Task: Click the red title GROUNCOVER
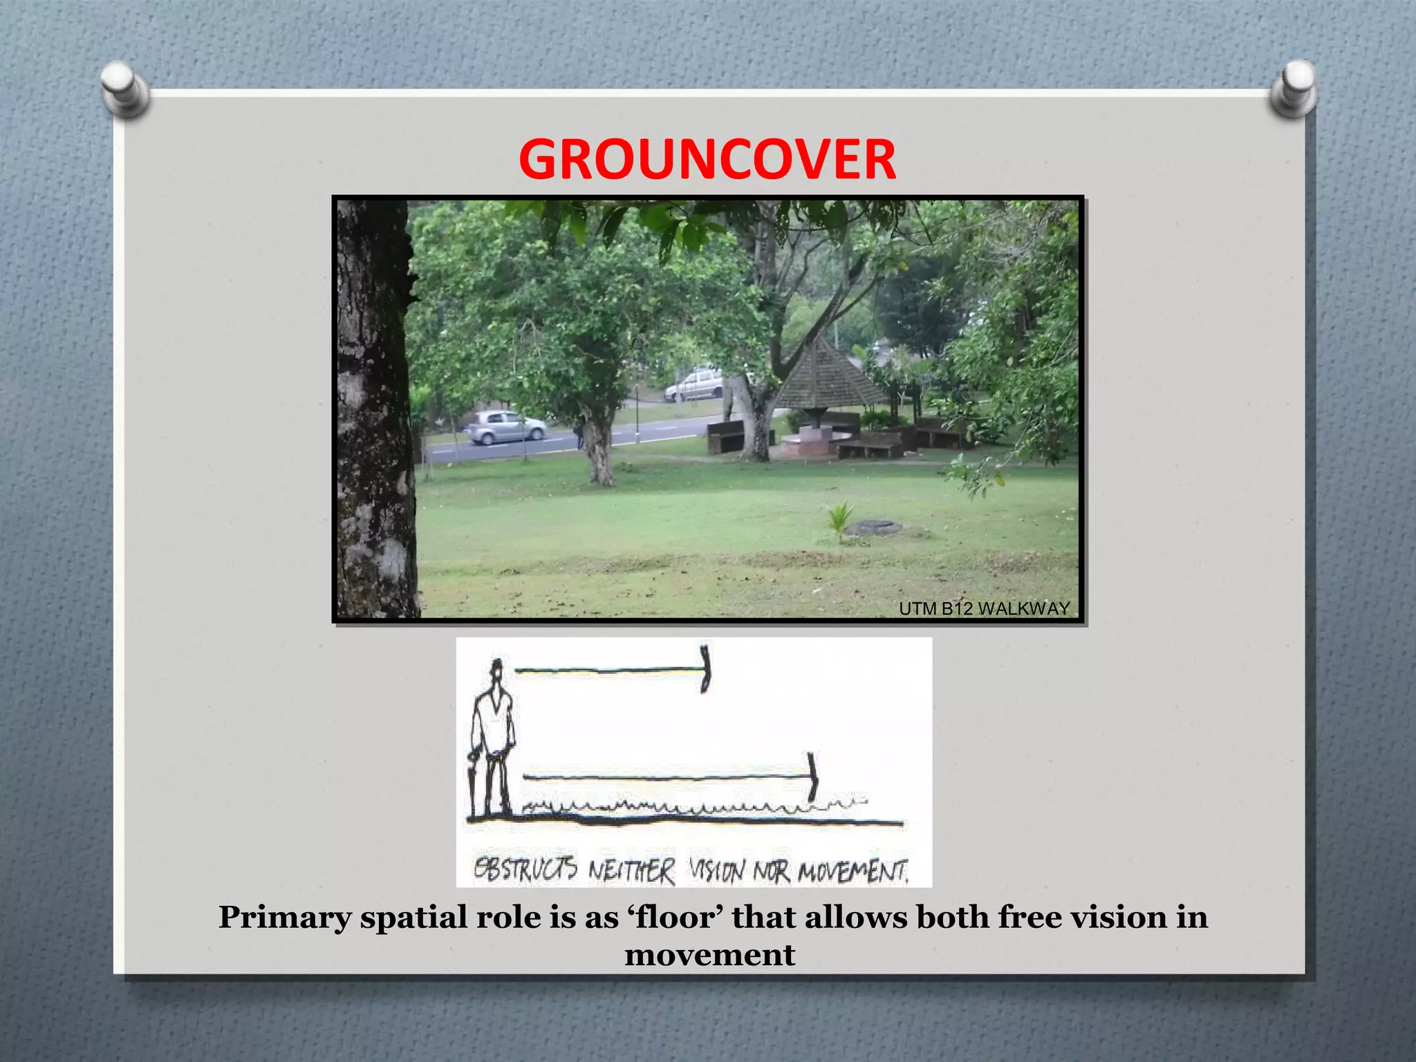(707, 160)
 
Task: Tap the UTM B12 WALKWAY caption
(984, 608)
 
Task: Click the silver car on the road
(505, 428)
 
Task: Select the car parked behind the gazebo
(694, 385)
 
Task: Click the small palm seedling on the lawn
(839, 521)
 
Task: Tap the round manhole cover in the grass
(874, 528)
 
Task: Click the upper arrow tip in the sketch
(705, 669)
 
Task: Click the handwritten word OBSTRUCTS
(525, 869)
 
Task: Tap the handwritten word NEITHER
(631, 871)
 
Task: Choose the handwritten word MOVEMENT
(853, 872)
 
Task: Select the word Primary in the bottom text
(284, 918)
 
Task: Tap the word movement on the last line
(709, 956)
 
